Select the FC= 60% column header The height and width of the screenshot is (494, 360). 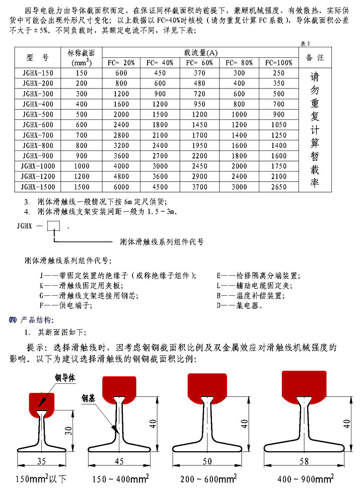pos(199,63)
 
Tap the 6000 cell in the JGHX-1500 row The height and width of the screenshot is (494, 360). pos(121,186)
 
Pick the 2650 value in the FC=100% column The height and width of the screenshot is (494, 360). pos(278,186)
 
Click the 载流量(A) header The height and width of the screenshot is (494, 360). pos(200,53)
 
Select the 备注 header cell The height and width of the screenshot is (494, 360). pos(315,57)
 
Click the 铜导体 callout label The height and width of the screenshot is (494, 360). pos(65,378)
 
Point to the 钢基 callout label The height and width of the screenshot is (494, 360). pos(89,399)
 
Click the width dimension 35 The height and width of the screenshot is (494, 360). pos(42,461)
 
